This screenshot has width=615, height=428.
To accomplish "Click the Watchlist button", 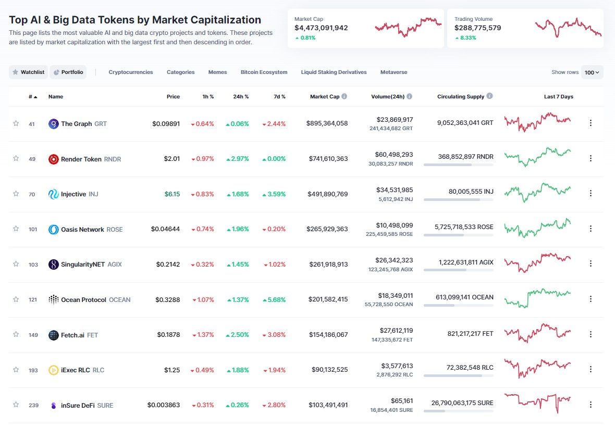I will coord(29,72).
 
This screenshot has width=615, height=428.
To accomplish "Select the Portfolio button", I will coord(68,72).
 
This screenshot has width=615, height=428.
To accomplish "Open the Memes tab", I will coord(217,72).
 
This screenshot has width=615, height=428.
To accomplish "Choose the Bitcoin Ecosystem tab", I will coord(264,72).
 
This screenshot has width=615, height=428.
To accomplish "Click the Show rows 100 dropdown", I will coord(592,72).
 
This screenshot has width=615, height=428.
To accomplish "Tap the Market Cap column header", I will coord(325,97).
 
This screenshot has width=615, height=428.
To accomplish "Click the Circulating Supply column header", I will coord(461,97).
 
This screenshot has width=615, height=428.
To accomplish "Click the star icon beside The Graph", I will coord(16,123).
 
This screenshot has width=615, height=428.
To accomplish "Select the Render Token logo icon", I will coord(53,159).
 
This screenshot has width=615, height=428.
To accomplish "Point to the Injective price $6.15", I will coord(172,194).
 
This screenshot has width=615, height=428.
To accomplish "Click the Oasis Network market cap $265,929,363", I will coord(327,229).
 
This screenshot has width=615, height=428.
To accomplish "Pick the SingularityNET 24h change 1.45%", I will coord(237,265).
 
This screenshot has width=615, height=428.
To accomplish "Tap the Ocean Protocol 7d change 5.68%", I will coord(274,300).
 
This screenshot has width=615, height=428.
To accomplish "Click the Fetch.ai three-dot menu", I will coord(591,334).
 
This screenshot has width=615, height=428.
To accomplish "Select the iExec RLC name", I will coord(75,370).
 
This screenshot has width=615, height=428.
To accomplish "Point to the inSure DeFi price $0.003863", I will coord(164,405).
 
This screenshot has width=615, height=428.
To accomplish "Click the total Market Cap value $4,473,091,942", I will coord(321,28).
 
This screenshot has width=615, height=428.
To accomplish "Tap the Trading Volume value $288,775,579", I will coord(477,28).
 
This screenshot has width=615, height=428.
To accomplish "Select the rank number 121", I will coord(33,300).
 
